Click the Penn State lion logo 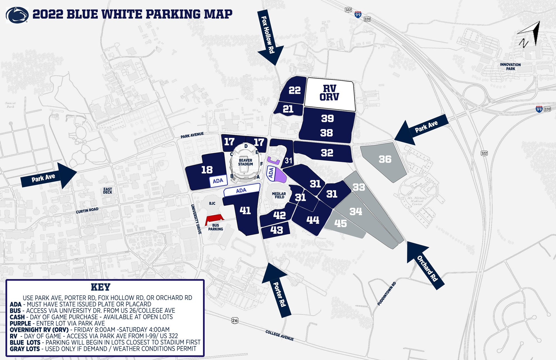(x=17, y=15)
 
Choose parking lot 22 (x=294, y=90)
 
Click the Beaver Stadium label (x=245, y=162)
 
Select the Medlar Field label (x=279, y=195)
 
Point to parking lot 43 (x=276, y=230)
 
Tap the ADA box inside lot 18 (x=218, y=181)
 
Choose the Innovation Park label (x=510, y=66)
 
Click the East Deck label (x=108, y=191)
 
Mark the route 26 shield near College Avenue (x=235, y=320)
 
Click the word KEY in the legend (x=100, y=287)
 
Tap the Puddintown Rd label (x=387, y=294)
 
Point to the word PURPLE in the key (x=20, y=323)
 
